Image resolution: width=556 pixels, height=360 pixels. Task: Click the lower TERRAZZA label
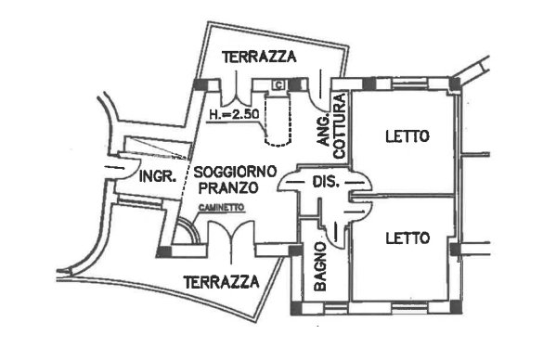click(220, 280)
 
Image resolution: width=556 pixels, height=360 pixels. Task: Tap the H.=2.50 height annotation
click(234, 116)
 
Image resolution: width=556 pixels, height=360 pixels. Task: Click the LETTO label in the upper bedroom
click(407, 137)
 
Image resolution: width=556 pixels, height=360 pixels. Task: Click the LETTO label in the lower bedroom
click(407, 238)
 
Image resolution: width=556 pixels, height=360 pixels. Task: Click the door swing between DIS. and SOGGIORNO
click(294, 180)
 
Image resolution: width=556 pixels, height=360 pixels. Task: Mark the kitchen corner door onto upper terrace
click(320, 89)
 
